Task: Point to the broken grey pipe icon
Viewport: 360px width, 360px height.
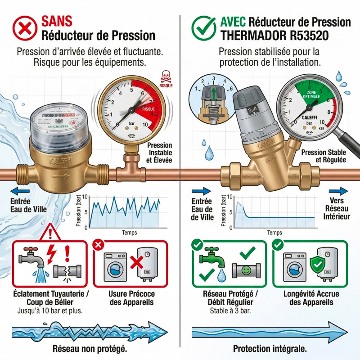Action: point(67,271)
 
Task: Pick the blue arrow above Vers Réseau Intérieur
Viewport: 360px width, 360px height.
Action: point(338,191)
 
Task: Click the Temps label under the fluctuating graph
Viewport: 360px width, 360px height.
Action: point(129,233)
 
